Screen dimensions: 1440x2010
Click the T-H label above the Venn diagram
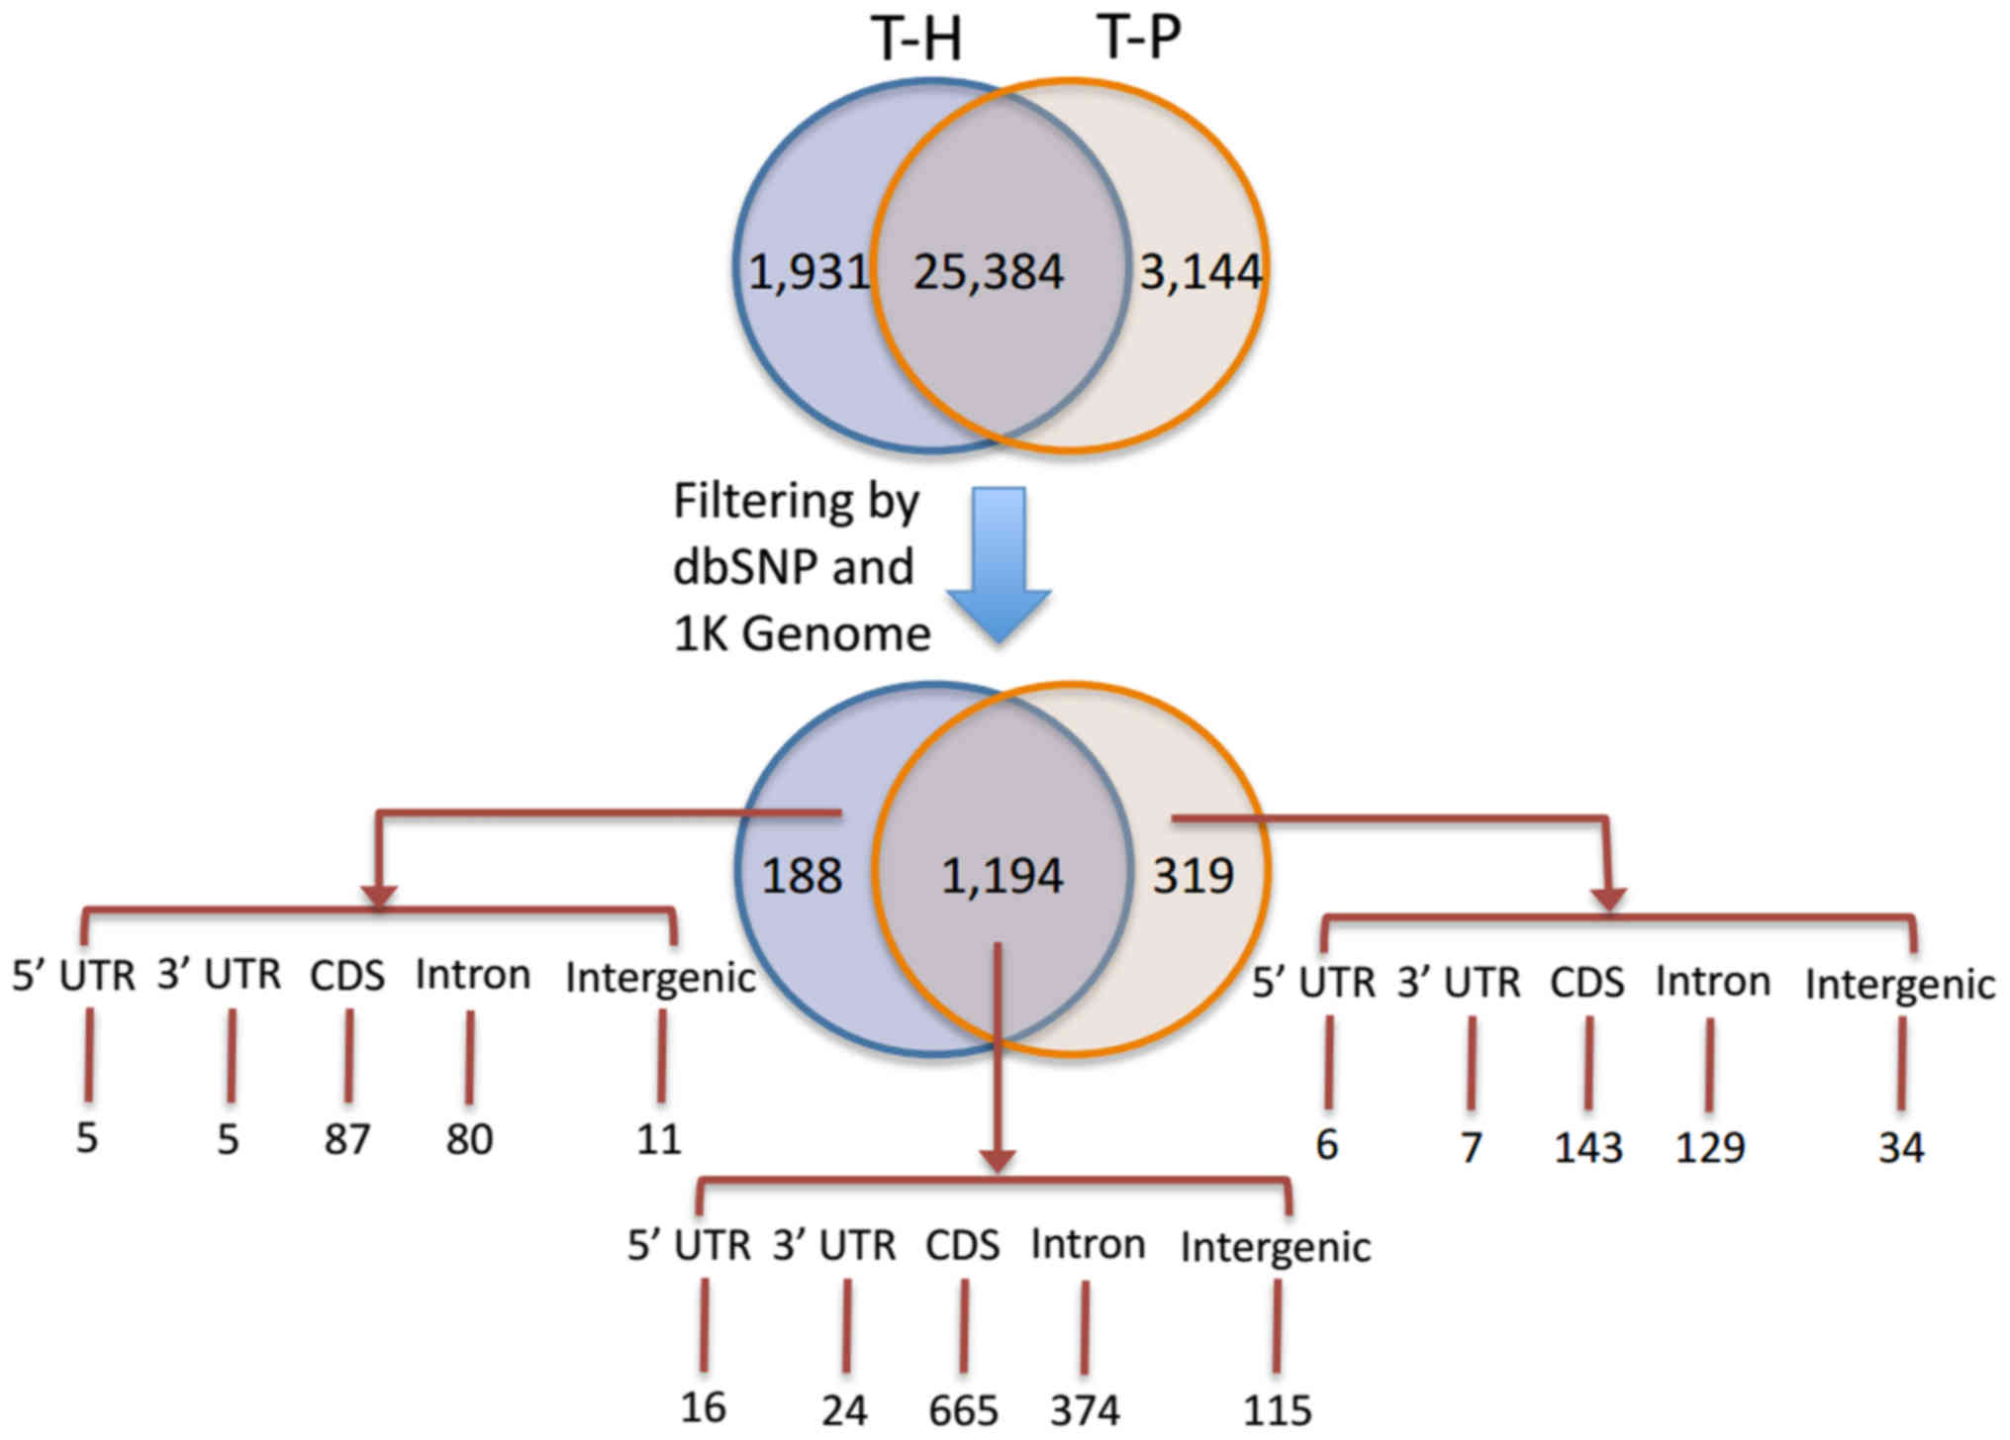(x=916, y=41)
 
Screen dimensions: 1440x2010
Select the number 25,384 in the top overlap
(x=988, y=272)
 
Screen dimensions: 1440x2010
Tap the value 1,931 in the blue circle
(x=808, y=272)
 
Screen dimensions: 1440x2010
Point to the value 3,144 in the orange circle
(x=1199, y=272)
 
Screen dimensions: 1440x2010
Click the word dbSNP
(x=746, y=567)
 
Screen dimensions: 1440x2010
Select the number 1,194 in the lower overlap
(x=1002, y=876)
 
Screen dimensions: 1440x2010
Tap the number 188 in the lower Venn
(x=802, y=876)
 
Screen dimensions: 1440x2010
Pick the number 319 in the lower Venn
(x=1193, y=876)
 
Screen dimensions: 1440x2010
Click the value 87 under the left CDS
(x=347, y=1139)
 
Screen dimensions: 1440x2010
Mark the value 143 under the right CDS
(x=1588, y=1148)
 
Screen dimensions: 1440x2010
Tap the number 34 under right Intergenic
(x=1901, y=1148)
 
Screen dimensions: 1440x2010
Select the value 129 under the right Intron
(x=1709, y=1148)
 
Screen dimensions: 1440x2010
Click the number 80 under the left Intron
(x=469, y=1139)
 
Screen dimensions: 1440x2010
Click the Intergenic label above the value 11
(x=660, y=979)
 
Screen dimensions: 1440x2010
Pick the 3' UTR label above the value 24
(x=834, y=1245)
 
